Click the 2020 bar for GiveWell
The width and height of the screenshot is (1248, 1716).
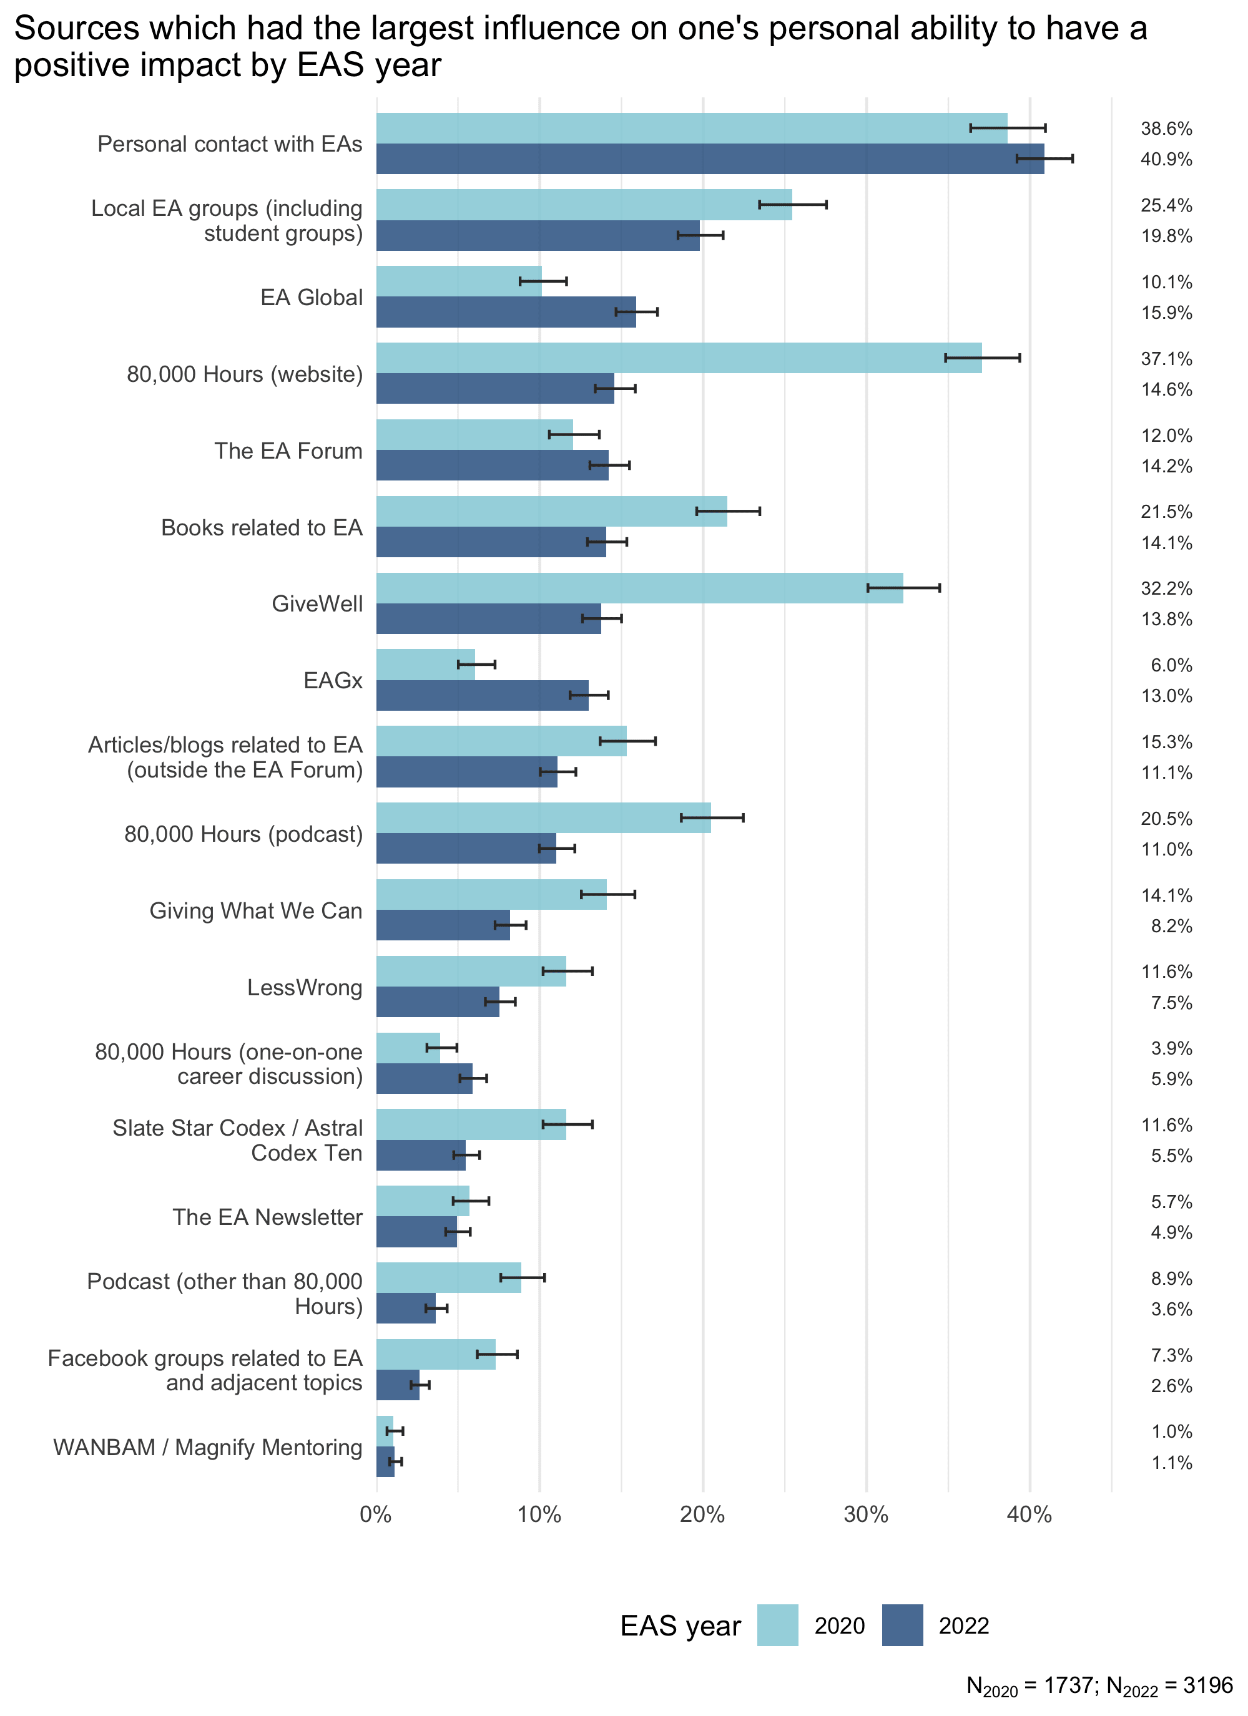click(639, 588)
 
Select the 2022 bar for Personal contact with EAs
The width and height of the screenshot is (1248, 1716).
click(710, 159)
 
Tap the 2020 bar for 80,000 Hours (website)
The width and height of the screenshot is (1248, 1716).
click(679, 358)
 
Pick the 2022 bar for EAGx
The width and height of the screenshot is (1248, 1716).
click(482, 695)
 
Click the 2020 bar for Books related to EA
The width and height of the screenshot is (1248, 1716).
click(552, 512)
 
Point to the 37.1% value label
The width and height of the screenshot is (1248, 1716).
click(1166, 359)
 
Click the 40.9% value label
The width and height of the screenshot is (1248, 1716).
click(1166, 160)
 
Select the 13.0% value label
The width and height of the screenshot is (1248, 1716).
click(1166, 696)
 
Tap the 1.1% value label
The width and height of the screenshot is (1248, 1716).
click(1172, 1463)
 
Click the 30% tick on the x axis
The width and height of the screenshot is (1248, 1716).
click(866, 1514)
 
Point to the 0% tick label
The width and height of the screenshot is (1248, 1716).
click(376, 1514)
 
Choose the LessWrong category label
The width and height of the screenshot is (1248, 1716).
click(305, 987)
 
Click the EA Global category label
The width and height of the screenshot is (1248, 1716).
click(312, 298)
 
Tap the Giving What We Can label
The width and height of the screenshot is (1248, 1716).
click(256, 910)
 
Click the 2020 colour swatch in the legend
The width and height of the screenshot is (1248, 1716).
click(777, 1625)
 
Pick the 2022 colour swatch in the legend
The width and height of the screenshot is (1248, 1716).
click(902, 1625)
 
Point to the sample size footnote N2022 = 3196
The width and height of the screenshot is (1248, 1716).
click(1169, 1685)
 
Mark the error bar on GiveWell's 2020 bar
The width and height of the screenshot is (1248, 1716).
click(903, 588)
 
